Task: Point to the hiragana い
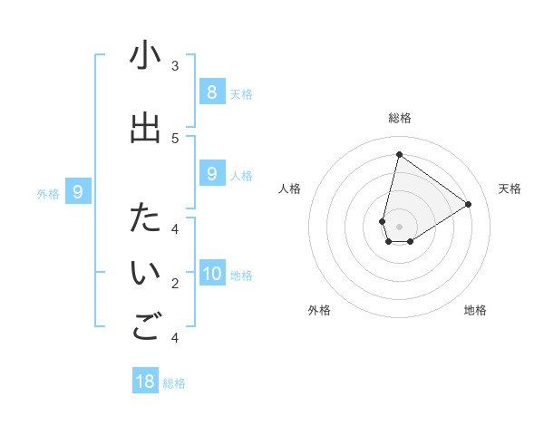[x=145, y=274]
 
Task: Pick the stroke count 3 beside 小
[x=175, y=66]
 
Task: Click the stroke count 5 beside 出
[x=175, y=138]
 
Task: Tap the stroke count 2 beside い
[x=175, y=284]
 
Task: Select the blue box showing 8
[x=211, y=92]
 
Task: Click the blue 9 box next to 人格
[x=211, y=174]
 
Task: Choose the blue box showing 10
[x=211, y=274]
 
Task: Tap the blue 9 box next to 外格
[x=78, y=192]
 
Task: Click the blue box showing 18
[x=145, y=382]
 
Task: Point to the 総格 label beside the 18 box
[x=174, y=383]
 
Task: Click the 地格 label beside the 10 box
[x=242, y=276]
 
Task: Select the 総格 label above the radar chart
[x=400, y=119]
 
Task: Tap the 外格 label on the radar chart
[x=319, y=310]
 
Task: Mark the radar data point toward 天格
[x=468, y=205]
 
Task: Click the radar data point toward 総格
[x=399, y=155]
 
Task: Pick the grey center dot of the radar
[x=400, y=226]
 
